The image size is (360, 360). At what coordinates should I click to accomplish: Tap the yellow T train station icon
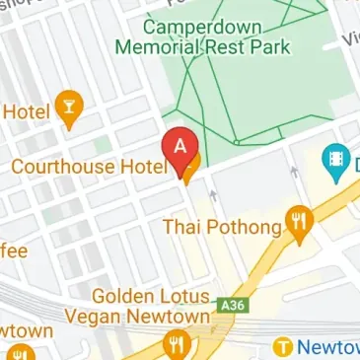pyautogui.click(x=284, y=347)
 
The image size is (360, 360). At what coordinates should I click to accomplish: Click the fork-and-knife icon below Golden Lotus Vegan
pyautogui.click(x=178, y=343)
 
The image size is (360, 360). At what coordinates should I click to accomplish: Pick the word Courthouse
pyautogui.click(x=63, y=167)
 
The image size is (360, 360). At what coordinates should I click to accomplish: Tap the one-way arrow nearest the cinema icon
pyautogui.click(x=293, y=174)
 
